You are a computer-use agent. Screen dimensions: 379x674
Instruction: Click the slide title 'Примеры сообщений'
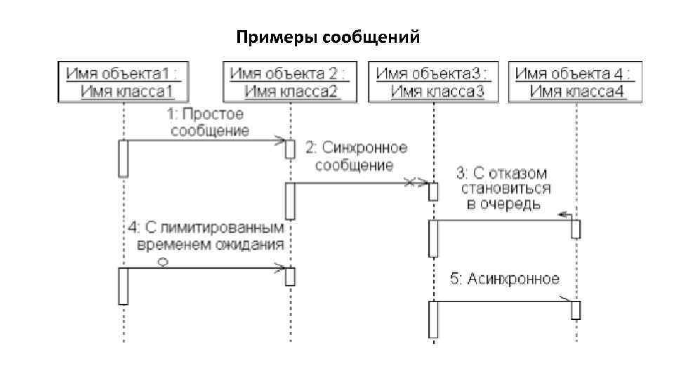pos(328,36)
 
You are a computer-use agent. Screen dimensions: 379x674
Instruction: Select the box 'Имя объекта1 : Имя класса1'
pos(124,82)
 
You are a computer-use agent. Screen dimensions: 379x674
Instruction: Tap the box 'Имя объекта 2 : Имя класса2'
pos(288,82)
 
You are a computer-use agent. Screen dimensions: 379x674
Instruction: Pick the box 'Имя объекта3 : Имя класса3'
pos(432,82)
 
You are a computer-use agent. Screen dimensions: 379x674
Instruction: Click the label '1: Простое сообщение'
pos(207,122)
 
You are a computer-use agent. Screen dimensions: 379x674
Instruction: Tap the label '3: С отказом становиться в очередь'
pos(504,188)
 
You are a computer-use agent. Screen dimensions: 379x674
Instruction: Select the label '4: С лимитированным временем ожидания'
pos(209,236)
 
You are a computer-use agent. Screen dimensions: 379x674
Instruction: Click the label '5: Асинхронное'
pos(504,279)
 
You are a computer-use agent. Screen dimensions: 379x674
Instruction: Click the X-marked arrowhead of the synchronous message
pos(416,183)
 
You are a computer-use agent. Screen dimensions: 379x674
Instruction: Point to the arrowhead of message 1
pos(279,140)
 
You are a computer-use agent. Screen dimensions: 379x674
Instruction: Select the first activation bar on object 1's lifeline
pos(124,158)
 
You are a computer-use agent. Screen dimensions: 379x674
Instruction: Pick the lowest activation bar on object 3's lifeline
pos(433,319)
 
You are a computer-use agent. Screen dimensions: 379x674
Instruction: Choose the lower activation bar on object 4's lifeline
pos(575,310)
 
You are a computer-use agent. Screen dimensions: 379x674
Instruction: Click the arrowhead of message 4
pos(280,268)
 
